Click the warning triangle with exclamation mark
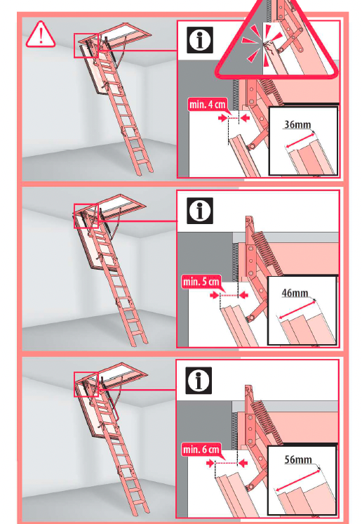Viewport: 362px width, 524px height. pos(41,34)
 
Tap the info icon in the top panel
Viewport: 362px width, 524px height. pos(200,40)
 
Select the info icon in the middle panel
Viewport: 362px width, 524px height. pos(200,210)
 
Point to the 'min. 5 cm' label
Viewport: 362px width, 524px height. pos(201,282)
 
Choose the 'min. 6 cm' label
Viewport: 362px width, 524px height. pos(201,449)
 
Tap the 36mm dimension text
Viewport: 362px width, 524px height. pos(297,125)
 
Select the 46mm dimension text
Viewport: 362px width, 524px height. pos(295,293)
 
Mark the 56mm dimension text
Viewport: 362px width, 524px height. pos(298,460)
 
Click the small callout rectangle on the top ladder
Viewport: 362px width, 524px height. pos(88,45)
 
